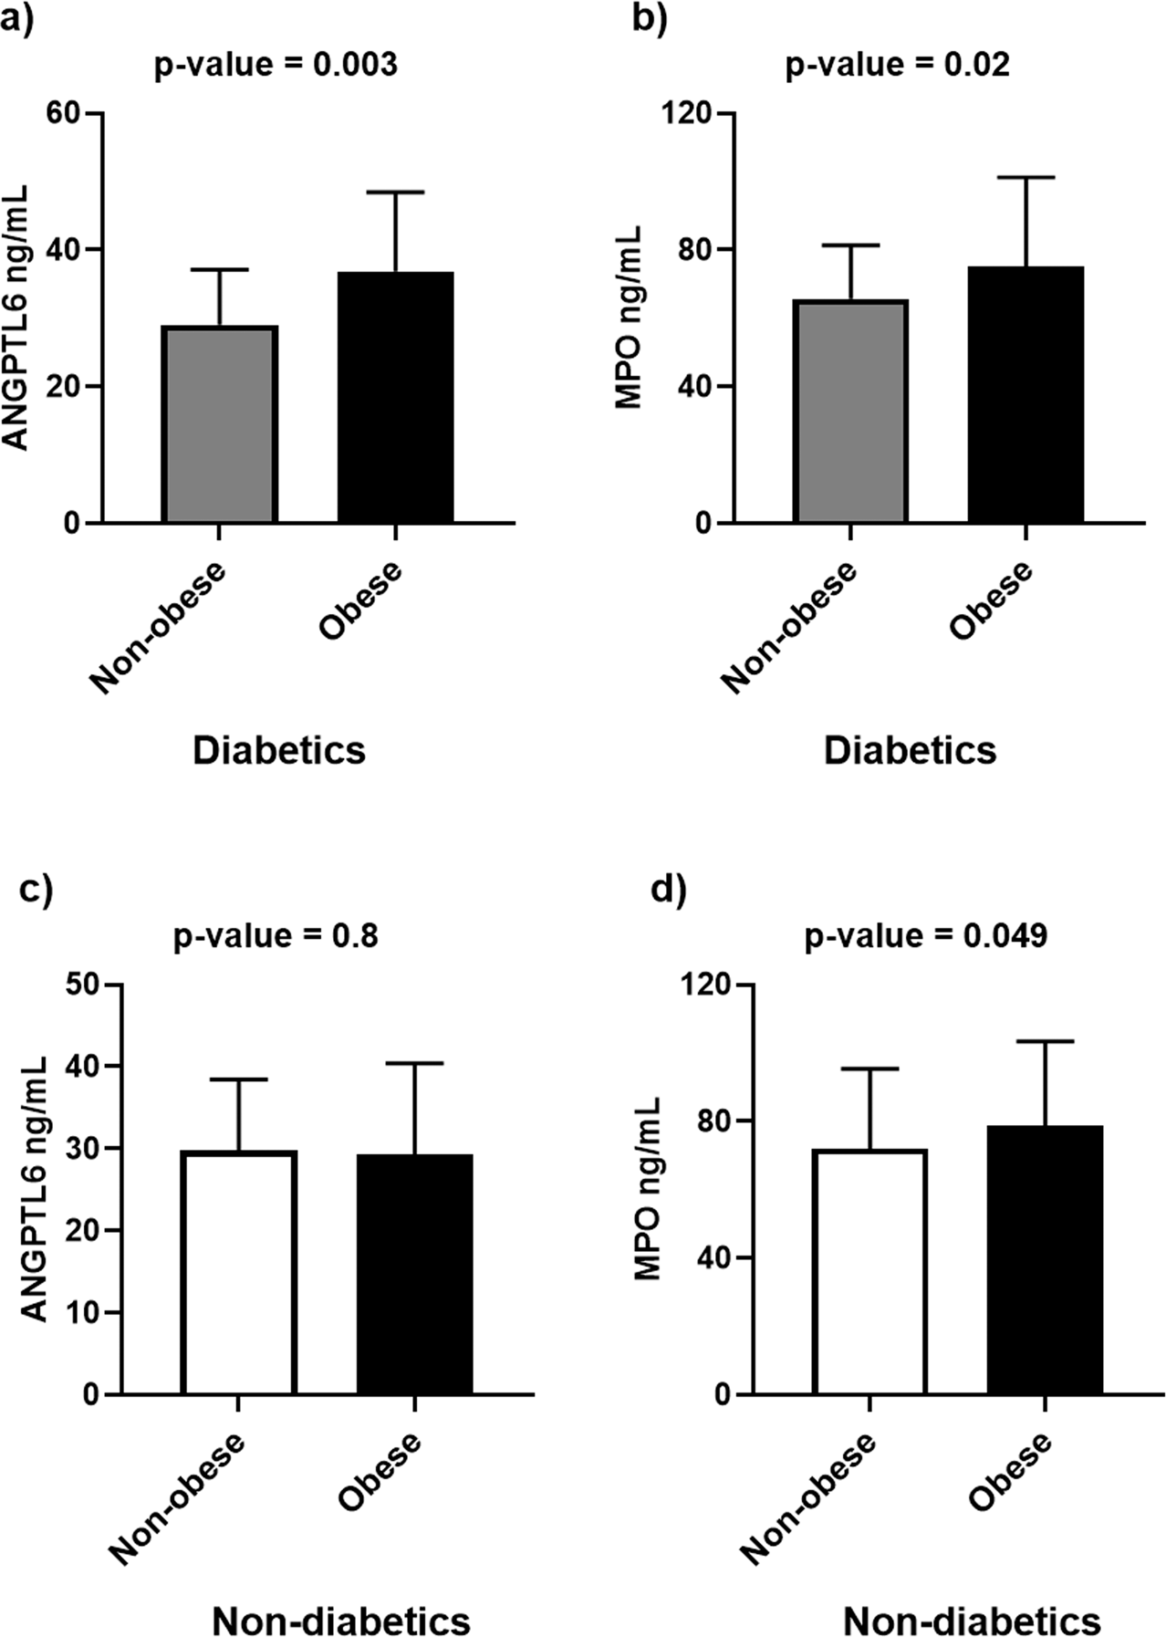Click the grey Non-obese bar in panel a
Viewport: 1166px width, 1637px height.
point(220,424)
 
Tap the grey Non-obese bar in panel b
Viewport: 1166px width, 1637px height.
point(850,412)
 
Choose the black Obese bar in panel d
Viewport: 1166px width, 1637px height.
point(1045,1260)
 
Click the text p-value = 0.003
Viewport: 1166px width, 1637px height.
point(275,66)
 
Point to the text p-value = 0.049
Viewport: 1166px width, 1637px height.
point(925,936)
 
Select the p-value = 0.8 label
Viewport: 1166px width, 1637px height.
point(276,936)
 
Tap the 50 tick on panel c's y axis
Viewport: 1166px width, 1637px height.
point(85,985)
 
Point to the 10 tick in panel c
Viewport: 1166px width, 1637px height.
point(85,1312)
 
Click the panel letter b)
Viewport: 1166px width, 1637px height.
point(649,18)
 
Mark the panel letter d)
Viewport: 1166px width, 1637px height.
point(667,890)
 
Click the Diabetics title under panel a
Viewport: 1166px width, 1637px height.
point(279,751)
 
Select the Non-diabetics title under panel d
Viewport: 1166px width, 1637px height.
point(972,1621)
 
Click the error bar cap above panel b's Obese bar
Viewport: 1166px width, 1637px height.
point(1025,177)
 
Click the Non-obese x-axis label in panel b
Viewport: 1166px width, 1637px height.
point(789,629)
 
